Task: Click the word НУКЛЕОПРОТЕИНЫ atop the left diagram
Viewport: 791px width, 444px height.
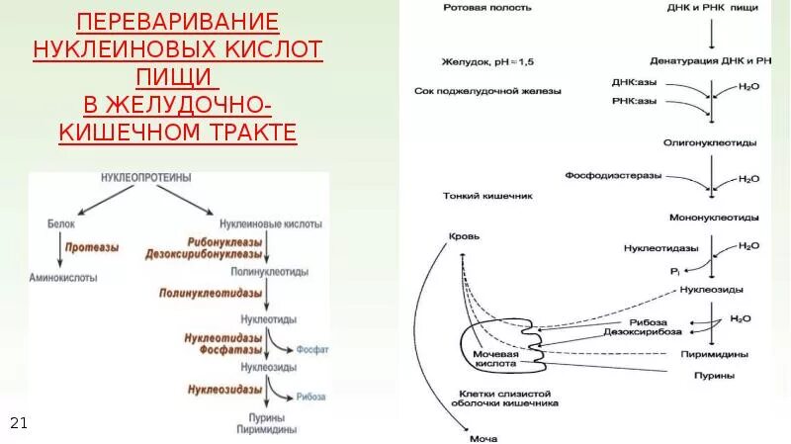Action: tap(145, 177)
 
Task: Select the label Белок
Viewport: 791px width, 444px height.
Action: tap(62, 225)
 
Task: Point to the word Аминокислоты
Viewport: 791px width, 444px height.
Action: tap(63, 278)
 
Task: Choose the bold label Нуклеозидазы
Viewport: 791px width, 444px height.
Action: tap(225, 389)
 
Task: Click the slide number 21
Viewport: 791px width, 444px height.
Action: tap(18, 423)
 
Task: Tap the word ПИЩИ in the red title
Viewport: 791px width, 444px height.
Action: tap(179, 76)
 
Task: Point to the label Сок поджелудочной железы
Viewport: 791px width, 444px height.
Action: tap(487, 91)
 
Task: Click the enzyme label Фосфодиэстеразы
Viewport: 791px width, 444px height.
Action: tap(606, 174)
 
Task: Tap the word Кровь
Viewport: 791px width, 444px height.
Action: tap(465, 238)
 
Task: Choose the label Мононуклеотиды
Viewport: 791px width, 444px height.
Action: tap(714, 217)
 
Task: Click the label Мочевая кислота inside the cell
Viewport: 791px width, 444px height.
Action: tap(496, 357)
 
